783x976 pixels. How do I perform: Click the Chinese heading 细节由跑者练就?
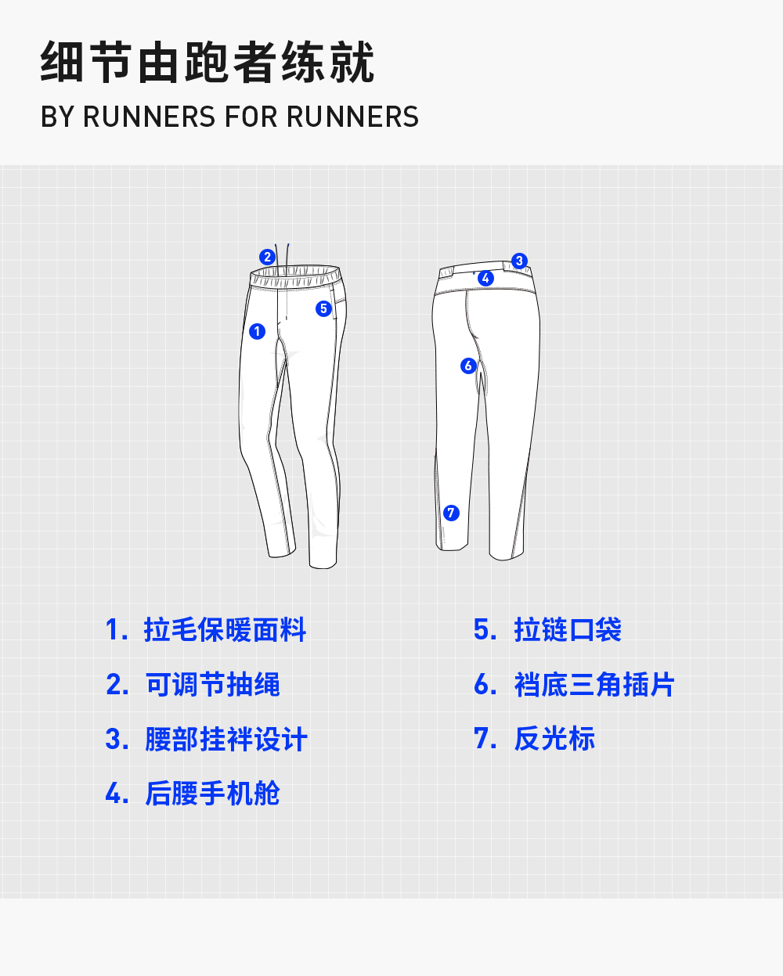(x=207, y=63)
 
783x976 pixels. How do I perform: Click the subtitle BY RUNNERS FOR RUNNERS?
(x=229, y=117)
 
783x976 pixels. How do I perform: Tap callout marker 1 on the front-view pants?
(x=257, y=331)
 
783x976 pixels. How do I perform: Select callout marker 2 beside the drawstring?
(x=267, y=257)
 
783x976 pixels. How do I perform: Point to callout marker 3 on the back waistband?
(x=519, y=261)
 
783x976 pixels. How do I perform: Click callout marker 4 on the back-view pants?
(x=485, y=278)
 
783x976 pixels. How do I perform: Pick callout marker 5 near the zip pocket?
(x=323, y=308)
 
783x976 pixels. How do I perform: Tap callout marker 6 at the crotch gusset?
(x=468, y=366)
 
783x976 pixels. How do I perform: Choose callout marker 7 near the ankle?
(x=451, y=513)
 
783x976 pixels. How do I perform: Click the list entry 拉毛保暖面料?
(x=225, y=630)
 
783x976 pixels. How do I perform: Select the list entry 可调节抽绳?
(x=212, y=685)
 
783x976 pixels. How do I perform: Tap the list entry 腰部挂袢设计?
(x=226, y=739)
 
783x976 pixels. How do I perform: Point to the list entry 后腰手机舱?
(x=212, y=794)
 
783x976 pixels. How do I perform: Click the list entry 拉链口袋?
(x=568, y=630)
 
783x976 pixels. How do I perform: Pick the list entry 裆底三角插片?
(x=594, y=685)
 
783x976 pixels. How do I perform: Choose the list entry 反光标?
(x=554, y=739)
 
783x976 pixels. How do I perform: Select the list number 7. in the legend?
(x=485, y=739)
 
